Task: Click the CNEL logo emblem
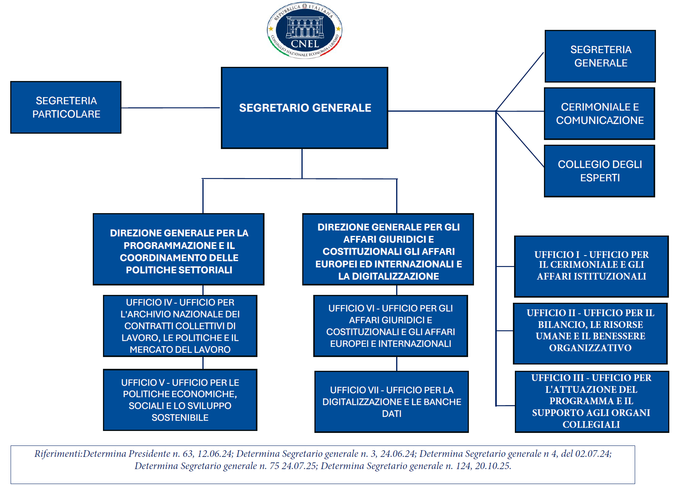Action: click(305, 30)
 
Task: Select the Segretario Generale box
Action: click(305, 108)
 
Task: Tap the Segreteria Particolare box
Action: click(66, 107)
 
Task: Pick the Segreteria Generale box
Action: click(600, 56)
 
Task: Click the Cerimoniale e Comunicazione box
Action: click(599, 114)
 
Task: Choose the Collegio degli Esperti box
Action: click(599, 171)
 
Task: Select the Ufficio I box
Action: click(591, 266)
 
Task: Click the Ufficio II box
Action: click(590, 333)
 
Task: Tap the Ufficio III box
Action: click(592, 401)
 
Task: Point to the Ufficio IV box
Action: click(180, 326)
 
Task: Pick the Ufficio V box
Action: click(180, 400)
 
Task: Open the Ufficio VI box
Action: click(391, 326)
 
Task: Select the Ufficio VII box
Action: click(391, 402)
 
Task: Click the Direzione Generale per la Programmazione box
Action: click(178, 249)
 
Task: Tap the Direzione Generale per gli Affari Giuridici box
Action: click(388, 249)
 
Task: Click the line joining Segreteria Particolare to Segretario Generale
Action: click(171, 108)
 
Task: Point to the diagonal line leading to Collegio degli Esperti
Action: click(520, 139)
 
